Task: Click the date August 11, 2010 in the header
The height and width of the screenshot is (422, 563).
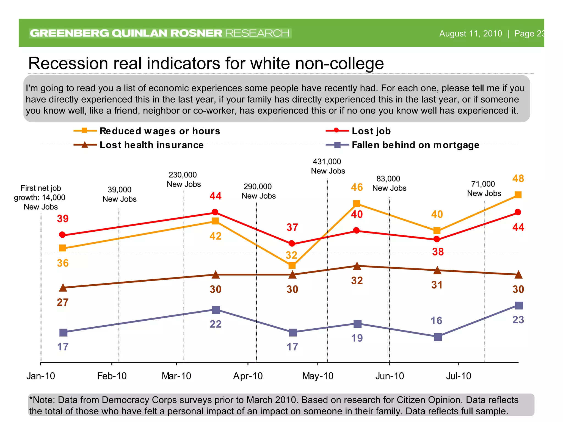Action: [x=470, y=34]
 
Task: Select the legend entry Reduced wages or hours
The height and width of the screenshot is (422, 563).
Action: [x=159, y=131]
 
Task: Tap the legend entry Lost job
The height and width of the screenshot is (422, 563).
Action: [x=371, y=131]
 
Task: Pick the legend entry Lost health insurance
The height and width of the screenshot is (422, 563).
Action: [x=151, y=145]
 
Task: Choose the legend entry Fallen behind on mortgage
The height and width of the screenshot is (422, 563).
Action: [x=415, y=145]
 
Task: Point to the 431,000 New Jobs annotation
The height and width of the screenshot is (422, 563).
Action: [x=328, y=166]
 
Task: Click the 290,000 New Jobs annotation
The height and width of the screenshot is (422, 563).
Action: [x=258, y=191]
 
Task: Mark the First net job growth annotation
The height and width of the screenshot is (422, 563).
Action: [x=40, y=197]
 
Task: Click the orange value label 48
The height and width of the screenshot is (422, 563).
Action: [x=518, y=179]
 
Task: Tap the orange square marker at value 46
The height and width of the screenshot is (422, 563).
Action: [x=357, y=204]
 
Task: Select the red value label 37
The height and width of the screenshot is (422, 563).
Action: [x=292, y=227]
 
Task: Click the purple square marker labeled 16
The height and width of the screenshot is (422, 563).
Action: [x=438, y=337]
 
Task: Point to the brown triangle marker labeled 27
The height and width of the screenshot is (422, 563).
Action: [x=63, y=288]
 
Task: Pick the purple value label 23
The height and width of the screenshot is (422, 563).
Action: [x=518, y=320]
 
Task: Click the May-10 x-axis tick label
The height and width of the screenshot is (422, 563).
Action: [x=318, y=376]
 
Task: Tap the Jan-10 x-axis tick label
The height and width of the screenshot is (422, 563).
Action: [x=41, y=376]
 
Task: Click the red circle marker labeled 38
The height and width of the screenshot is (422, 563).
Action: [x=437, y=239]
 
